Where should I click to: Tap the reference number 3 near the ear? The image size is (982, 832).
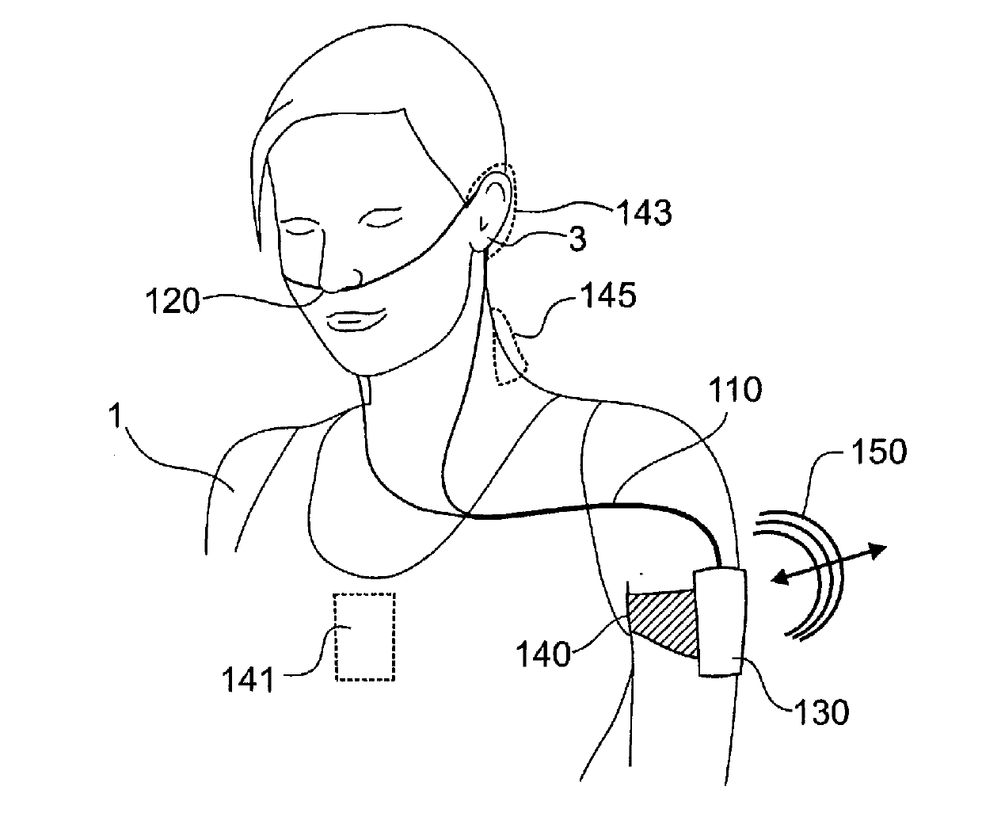pos(577,239)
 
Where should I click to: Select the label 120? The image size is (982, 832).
pos(173,301)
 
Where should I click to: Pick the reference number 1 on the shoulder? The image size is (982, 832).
pos(116,418)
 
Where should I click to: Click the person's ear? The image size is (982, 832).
pos(490,209)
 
